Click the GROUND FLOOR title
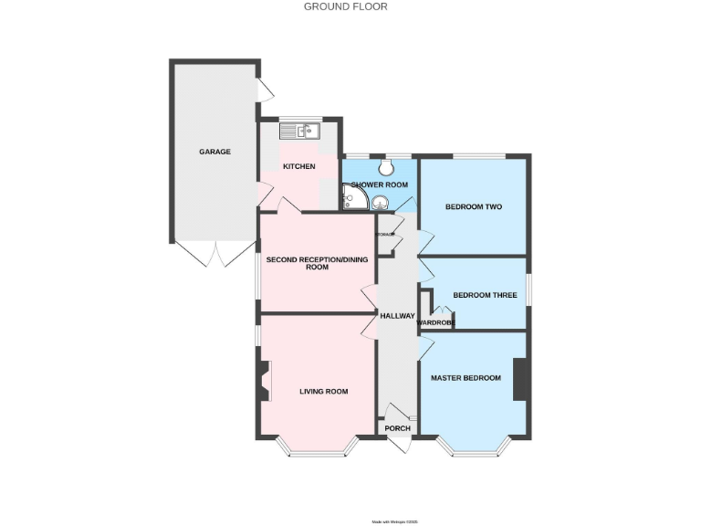click(x=345, y=6)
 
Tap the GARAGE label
click(x=215, y=152)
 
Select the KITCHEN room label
click(x=298, y=166)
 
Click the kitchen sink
click(x=298, y=131)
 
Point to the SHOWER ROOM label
click(x=378, y=184)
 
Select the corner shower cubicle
click(x=354, y=197)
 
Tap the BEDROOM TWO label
click(x=474, y=206)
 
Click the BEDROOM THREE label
click(x=485, y=295)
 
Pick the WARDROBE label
click(x=435, y=322)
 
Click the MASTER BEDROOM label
click(x=466, y=378)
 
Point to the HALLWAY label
click(x=397, y=315)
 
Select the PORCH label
click(x=397, y=428)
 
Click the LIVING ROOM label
click(x=324, y=392)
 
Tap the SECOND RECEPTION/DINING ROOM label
click(x=317, y=264)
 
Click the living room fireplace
click(x=264, y=381)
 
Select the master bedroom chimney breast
click(x=521, y=379)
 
